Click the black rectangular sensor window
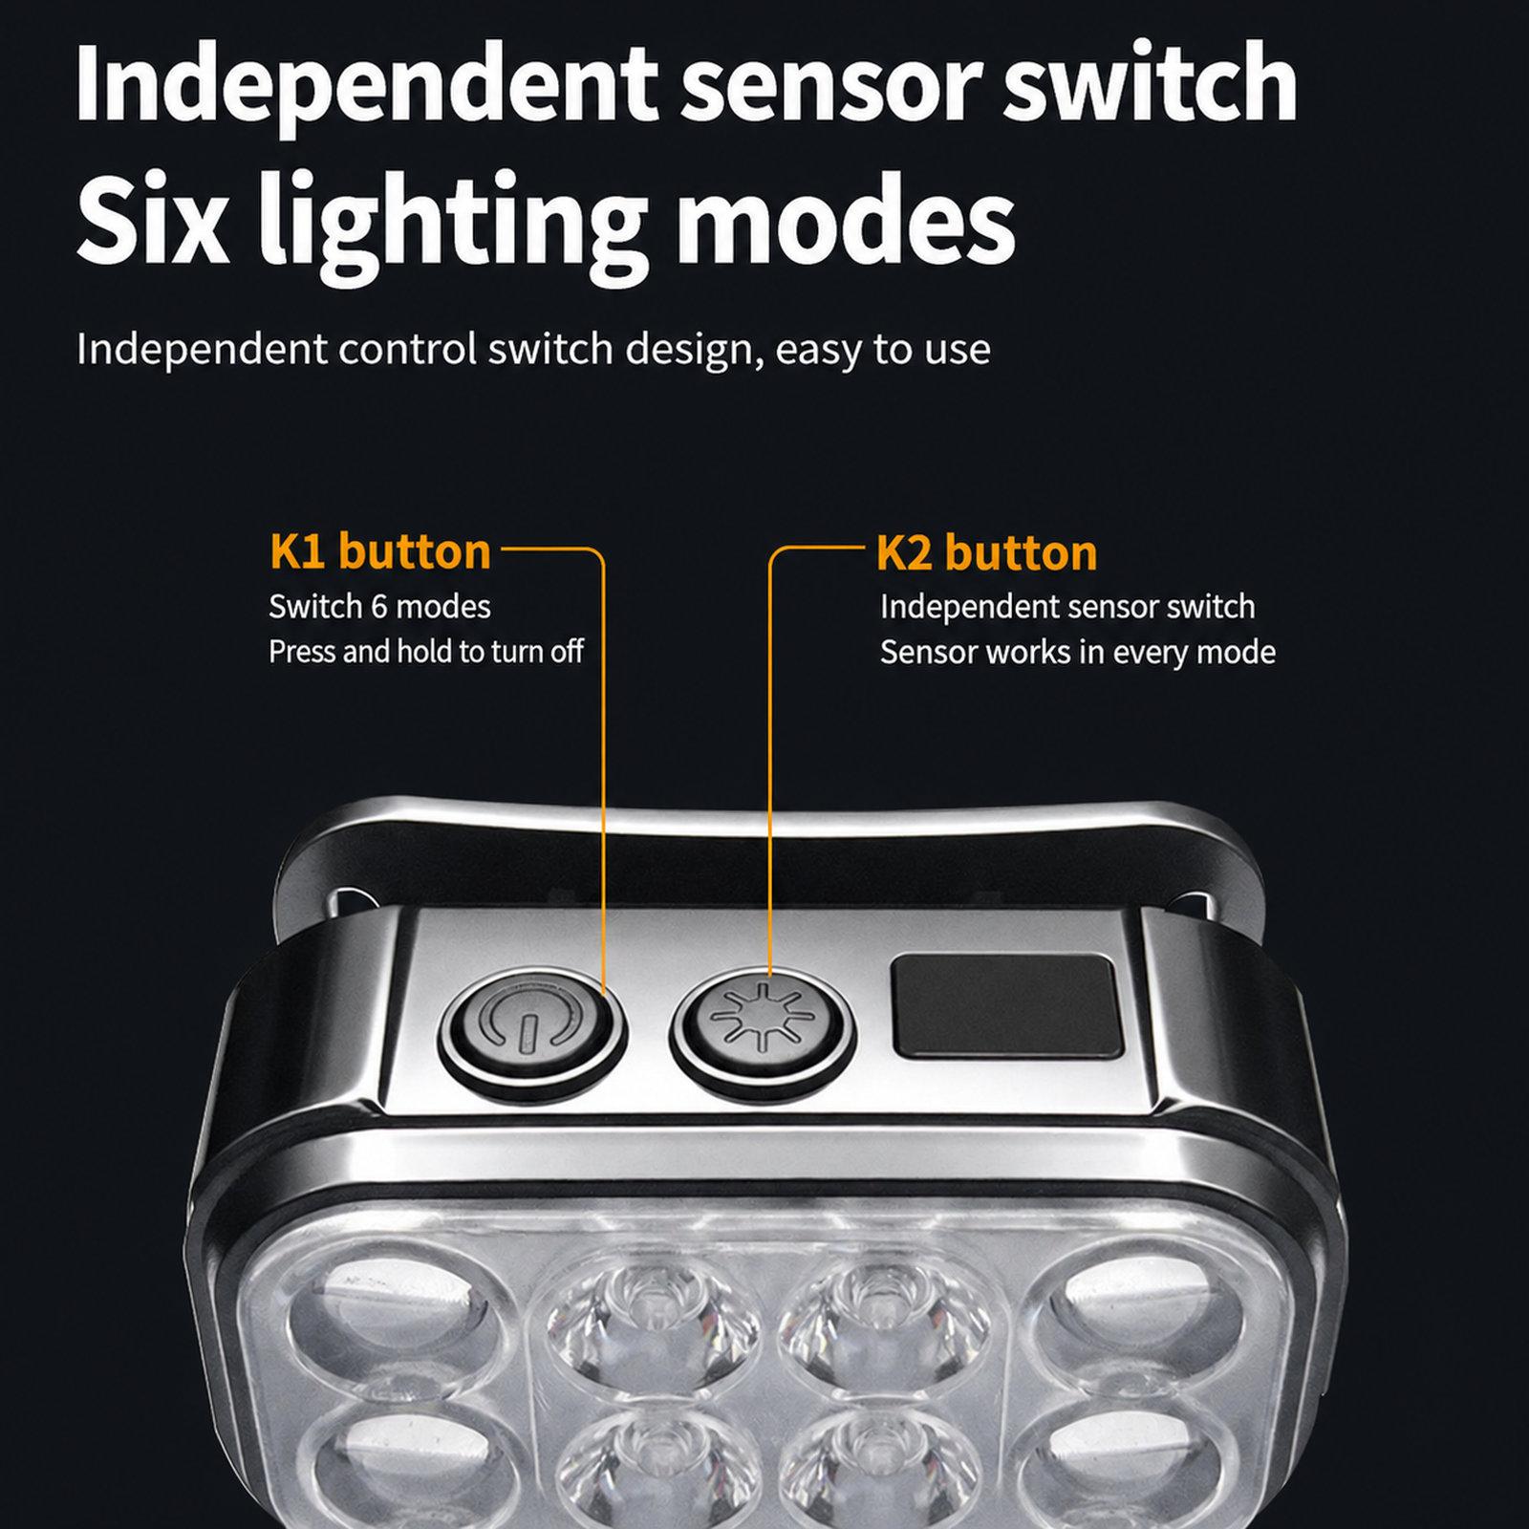[1006, 1006]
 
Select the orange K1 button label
[380, 552]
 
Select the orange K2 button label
[986, 553]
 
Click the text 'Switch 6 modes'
[379, 607]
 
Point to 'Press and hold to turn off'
[426, 652]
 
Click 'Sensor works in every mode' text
[1078, 653]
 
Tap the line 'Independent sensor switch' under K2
[1067, 607]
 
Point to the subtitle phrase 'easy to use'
[883, 351]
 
